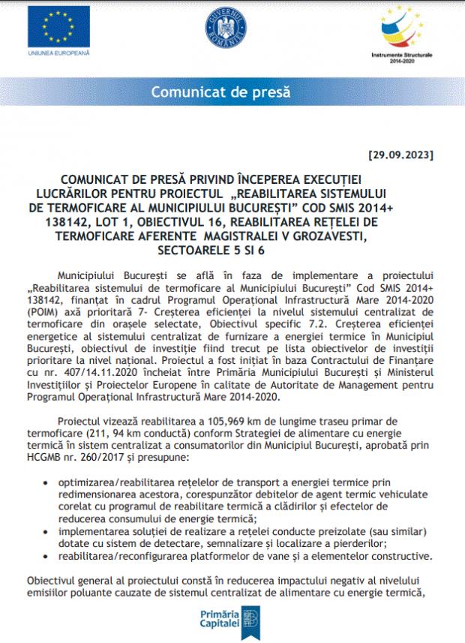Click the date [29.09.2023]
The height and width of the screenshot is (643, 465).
401,156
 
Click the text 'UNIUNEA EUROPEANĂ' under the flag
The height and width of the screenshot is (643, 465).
58,54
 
